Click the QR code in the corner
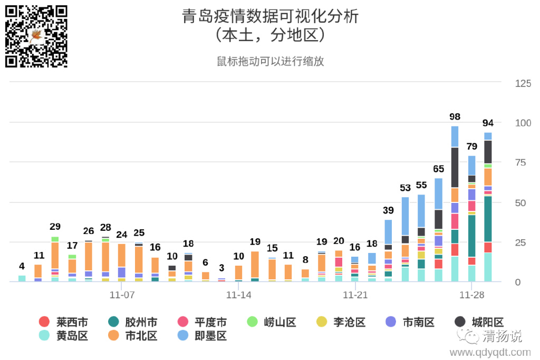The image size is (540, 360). click(x=36, y=36)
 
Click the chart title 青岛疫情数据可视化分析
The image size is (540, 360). click(x=270, y=16)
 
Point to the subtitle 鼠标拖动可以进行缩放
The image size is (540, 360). click(x=270, y=61)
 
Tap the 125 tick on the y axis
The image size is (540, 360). click(x=523, y=83)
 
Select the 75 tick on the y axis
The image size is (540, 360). click(x=522, y=163)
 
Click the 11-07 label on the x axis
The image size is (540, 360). click(x=122, y=295)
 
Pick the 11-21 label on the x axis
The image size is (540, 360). click(x=355, y=295)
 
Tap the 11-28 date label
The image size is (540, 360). click(x=471, y=295)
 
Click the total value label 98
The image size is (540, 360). click(x=455, y=116)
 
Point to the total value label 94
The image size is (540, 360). click(x=488, y=123)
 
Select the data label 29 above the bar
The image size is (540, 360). click(x=55, y=227)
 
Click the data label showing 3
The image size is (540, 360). click(x=221, y=268)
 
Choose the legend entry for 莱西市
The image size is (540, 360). click(x=63, y=322)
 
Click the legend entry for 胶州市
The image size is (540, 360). click(x=132, y=322)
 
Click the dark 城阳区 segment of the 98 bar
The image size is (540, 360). click(x=455, y=167)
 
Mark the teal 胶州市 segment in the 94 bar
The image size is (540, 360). click(x=488, y=219)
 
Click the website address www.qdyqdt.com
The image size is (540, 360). click(x=490, y=352)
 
